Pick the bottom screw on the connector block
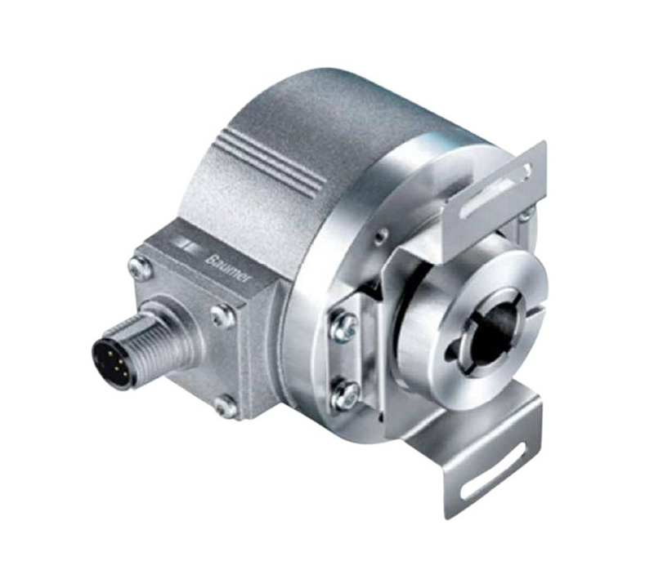(228, 403)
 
